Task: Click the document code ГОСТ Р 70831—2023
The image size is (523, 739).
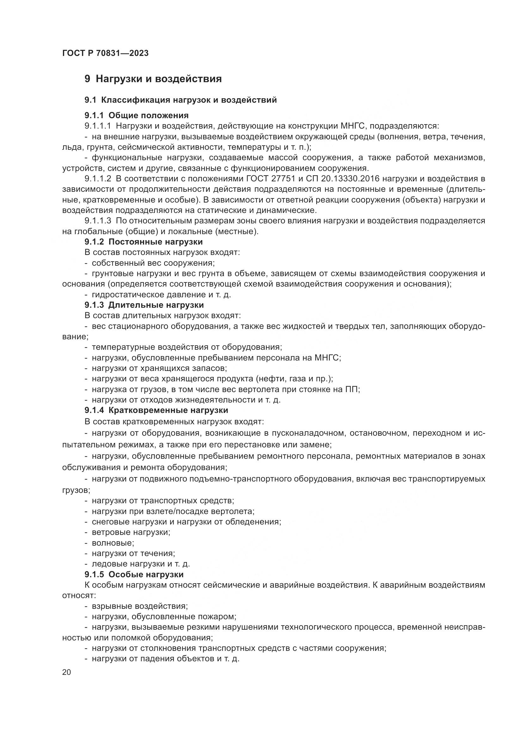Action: pyautogui.click(x=105, y=53)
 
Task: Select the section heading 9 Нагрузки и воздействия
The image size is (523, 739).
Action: pyautogui.click(x=153, y=79)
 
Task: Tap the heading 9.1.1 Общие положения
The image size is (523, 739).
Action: pyautogui.click(x=137, y=115)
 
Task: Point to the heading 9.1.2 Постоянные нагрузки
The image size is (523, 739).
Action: pyautogui.click(x=144, y=242)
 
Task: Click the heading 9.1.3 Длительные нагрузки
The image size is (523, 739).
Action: pyautogui.click(x=144, y=305)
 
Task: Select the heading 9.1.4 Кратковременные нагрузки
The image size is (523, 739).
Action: pyautogui.click(x=156, y=410)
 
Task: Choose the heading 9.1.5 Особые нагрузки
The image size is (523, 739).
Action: pyautogui.click(x=134, y=574)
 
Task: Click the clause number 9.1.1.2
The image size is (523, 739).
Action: pyautogui.click(x=98, y=179)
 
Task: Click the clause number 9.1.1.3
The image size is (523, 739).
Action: pyautogui.click(x=98, y=221)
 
